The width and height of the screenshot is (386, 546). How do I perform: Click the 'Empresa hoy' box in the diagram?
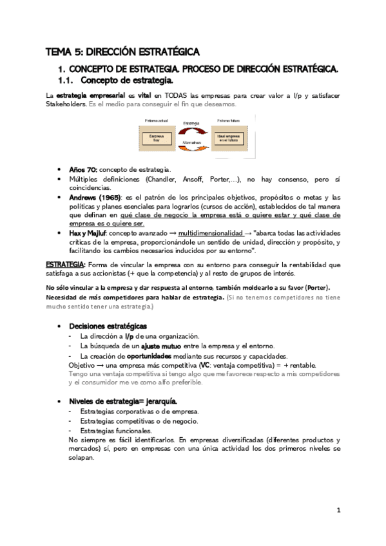pos(157,137)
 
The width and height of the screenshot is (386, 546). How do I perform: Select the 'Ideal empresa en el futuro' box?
pos(229,138)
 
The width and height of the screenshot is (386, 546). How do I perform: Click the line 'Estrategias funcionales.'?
pos(117,431)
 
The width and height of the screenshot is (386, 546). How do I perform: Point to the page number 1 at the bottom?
pos(338,510)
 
